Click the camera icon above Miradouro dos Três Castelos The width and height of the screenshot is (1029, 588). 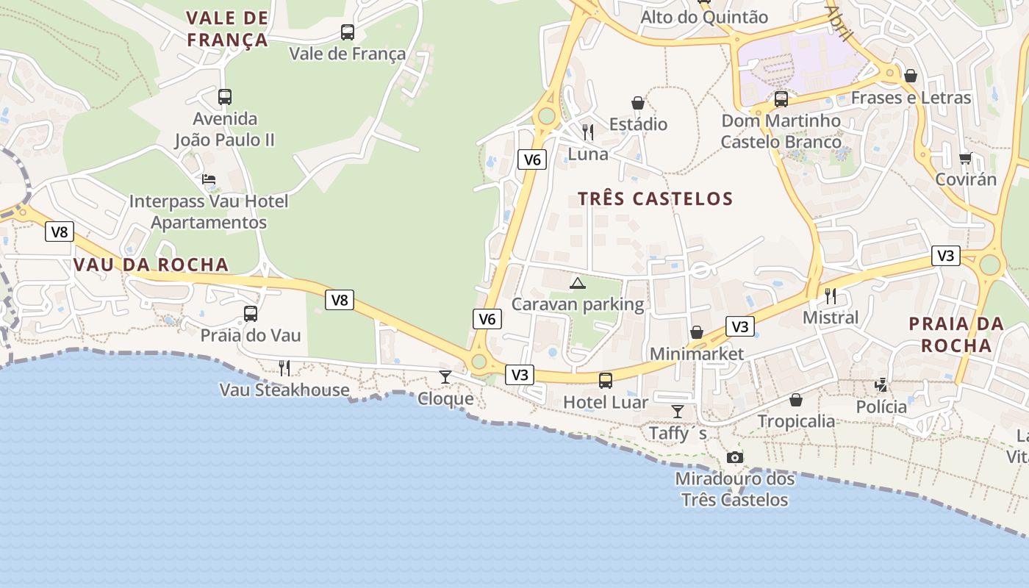pos(734,458)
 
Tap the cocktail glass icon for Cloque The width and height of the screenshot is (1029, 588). pos(445,377)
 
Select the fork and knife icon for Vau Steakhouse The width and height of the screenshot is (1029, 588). pos(284,368)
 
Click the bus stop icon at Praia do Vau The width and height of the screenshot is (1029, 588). pos(251,314)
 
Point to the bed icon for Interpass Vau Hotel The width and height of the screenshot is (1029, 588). pos(209,179)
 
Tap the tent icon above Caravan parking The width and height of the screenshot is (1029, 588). pos(578,283)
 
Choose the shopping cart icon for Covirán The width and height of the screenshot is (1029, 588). pos(966,158)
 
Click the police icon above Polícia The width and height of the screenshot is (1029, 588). pos(881,385)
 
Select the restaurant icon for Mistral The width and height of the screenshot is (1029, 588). pos(831,296)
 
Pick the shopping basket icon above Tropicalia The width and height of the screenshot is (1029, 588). pos(796,400)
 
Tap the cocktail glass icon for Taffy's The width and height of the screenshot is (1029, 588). pos(678,412)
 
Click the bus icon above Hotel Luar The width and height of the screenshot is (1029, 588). pos(606,381)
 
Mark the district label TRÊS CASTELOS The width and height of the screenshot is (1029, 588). pos(655,199)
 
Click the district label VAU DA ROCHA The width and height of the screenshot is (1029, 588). pos(151,265)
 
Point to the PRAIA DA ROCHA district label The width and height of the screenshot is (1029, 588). pos(956,334)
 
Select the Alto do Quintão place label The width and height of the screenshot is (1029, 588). pos(704,18)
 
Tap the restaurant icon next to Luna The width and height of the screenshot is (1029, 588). pos(588,132)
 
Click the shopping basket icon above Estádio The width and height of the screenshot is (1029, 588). pos(638,103)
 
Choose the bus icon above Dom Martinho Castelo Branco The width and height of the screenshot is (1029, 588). pos(781,98)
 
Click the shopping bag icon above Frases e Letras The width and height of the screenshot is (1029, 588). pos(911,76)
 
